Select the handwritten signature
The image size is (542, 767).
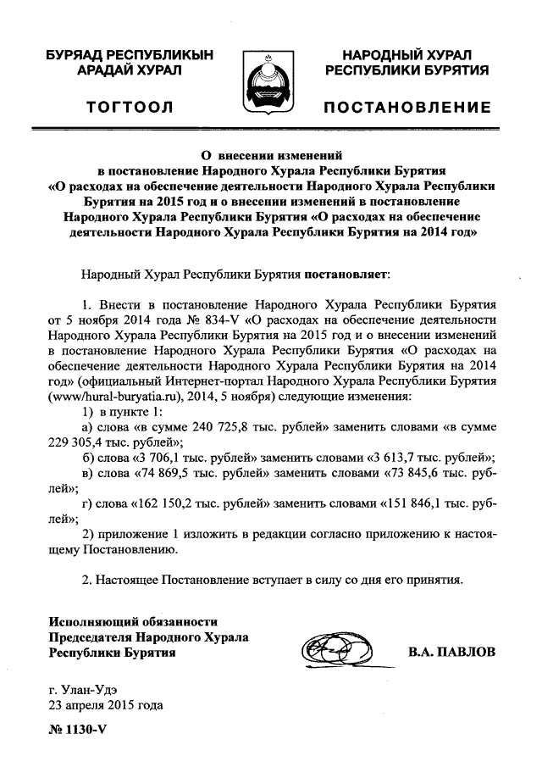pyautogui.click(x=340, y=652)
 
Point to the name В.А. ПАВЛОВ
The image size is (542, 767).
pyautogui.click(x=451, y=653)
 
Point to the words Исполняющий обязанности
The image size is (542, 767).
pyautogui.click(x=122, y=621)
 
